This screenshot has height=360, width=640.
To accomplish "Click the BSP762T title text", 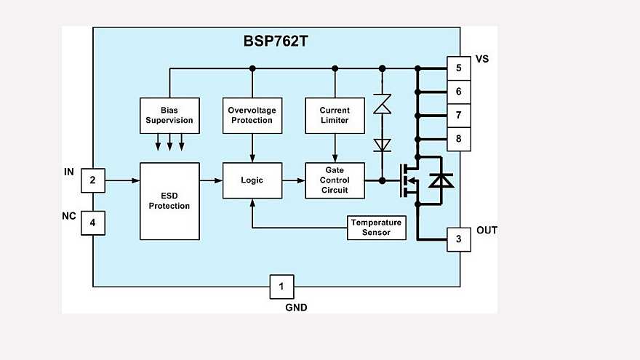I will pos(276,41).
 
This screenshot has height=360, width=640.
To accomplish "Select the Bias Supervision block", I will pos(169,115).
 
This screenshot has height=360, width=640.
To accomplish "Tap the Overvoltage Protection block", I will pos(252,115).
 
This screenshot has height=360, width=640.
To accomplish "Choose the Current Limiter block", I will pos(335,115).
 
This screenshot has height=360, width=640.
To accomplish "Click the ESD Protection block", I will pos(169,201).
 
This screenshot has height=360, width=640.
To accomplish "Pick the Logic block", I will pos(252,180).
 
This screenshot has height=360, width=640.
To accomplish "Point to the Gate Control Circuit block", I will pos(335,180).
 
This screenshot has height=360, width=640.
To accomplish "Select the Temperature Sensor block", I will pos(376,228).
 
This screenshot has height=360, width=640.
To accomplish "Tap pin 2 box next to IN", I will pos(92,180).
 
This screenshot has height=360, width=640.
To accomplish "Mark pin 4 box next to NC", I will pos(92,223).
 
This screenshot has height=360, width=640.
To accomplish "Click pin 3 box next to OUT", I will pos(458,239).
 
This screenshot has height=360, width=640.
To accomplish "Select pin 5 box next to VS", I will pos(458,69).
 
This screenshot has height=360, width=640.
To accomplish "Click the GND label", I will pos(296,308).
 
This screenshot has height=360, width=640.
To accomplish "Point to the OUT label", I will pos(487,231).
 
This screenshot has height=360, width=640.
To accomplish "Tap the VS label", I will pos(481,59).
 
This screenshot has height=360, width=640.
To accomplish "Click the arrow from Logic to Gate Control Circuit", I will pos(292,180).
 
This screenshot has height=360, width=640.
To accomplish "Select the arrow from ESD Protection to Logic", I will pos(210,180).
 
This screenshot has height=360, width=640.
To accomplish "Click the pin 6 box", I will pos(458,92).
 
